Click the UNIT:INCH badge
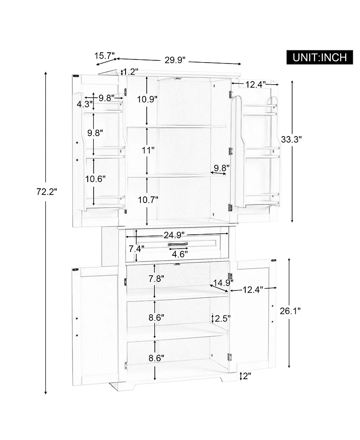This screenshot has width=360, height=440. pyautogui.click(x=319, y=57)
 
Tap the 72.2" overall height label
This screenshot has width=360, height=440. pyautogui.click(x=47, y=192)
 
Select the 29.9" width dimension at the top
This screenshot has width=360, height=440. pyautogui.click(x=175, y=60)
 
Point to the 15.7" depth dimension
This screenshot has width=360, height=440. pyautogui.click(x=104, y=55)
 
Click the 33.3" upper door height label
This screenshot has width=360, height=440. pyautogui.click(x=291, y=139)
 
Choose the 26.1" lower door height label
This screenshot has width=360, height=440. pyautogui.click(x=290, y=311)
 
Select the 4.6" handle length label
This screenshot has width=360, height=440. pyautogui.click(x=180, y=254)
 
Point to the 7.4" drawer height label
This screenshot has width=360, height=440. pyautogui.click(x=136, y=249)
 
